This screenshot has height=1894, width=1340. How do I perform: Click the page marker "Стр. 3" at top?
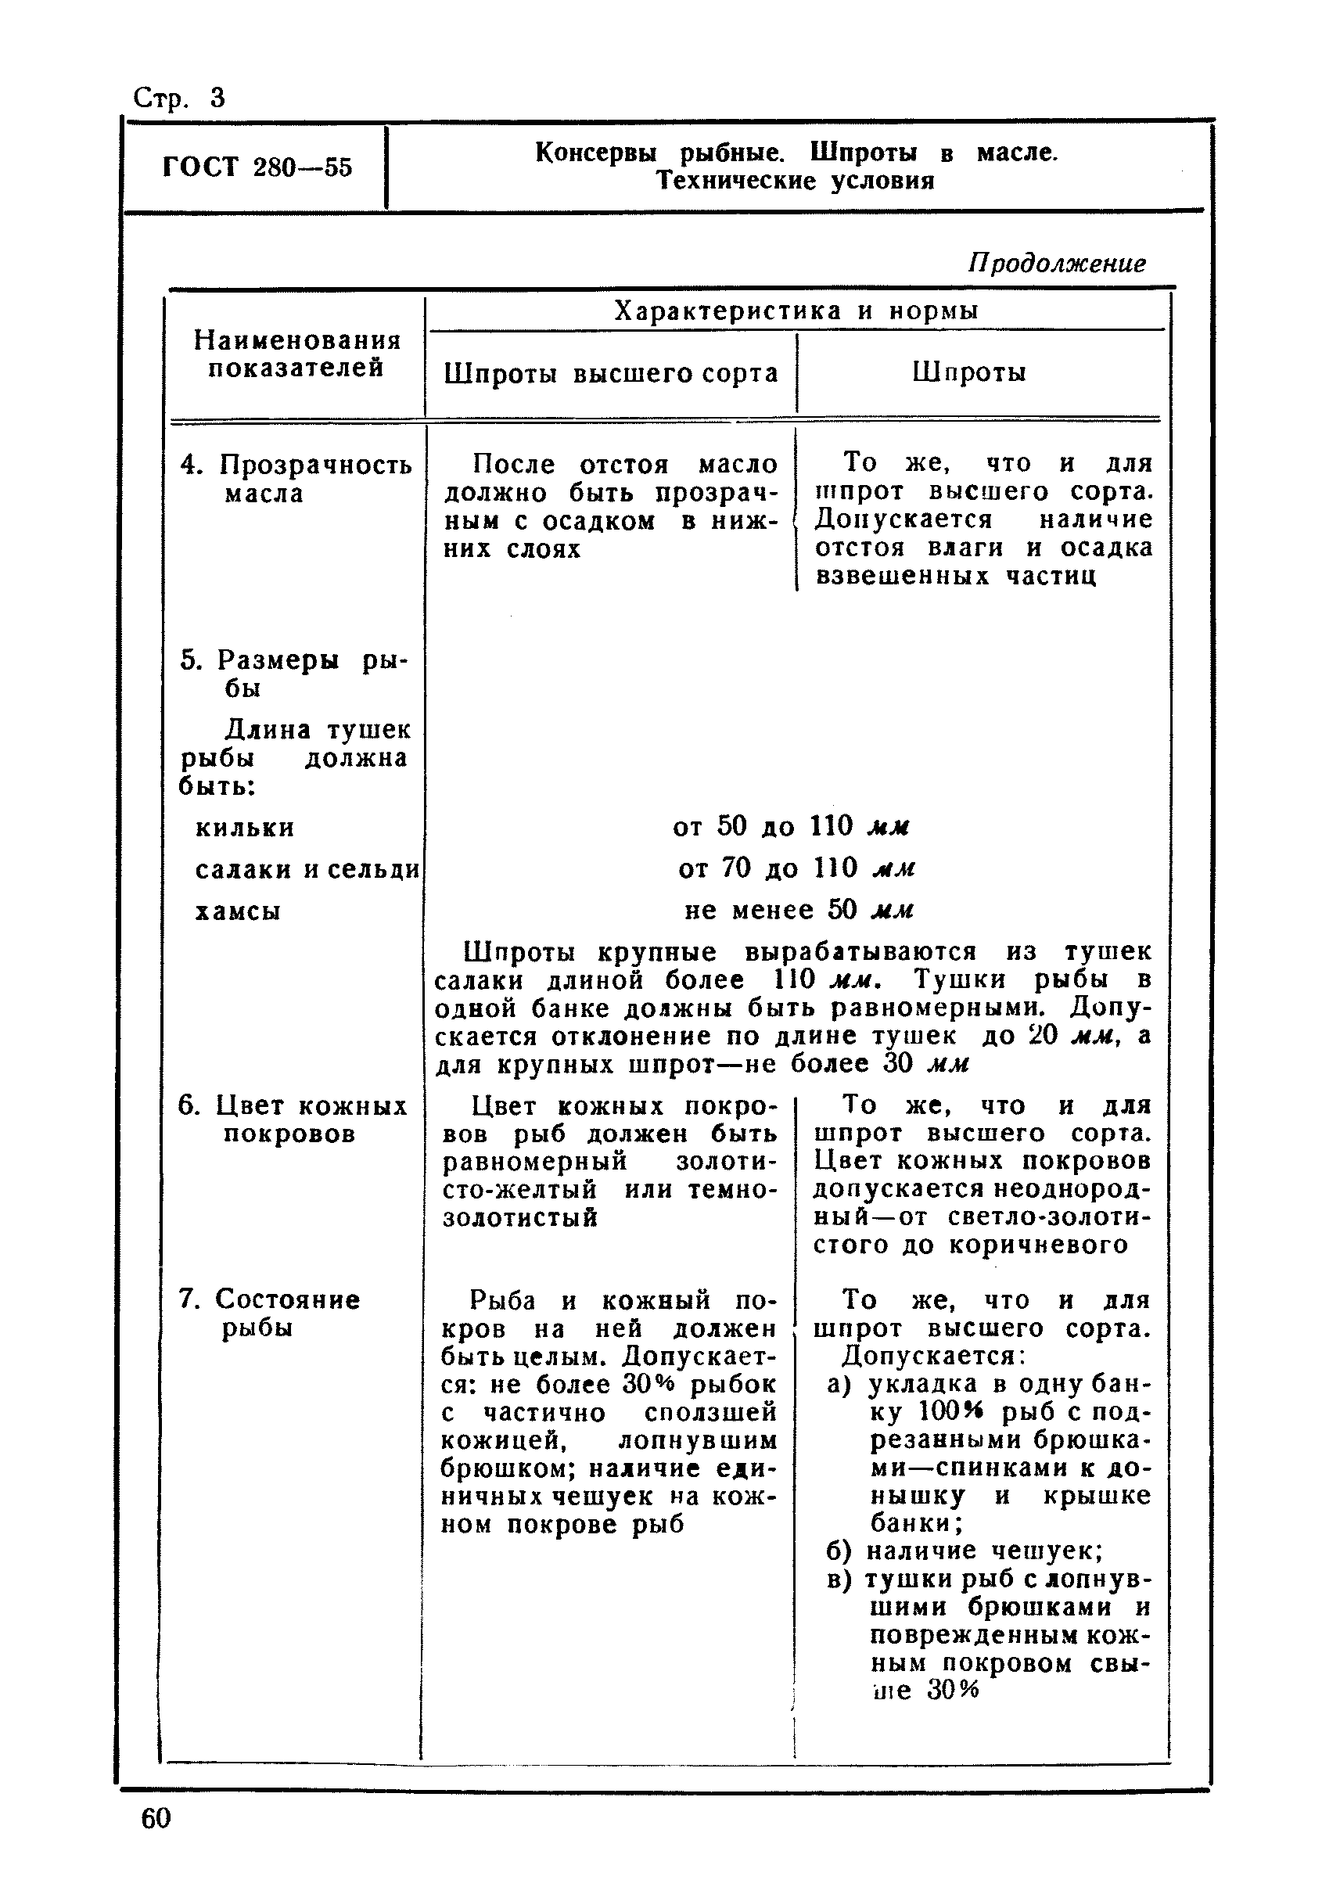[178, 99]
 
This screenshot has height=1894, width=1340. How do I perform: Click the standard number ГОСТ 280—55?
[257, 167]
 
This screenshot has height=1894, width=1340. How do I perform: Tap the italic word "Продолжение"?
[1056, 264]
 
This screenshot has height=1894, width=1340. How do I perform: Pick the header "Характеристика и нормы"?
[796, 311]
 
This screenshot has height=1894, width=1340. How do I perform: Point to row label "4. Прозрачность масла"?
[295, 479]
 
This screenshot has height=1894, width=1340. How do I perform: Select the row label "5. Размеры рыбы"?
[293, 674]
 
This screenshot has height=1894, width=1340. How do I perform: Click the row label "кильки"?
[244, 828]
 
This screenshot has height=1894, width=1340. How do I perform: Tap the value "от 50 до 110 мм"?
[791, 826]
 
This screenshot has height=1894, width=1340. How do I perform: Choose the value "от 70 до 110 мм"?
[796, 868]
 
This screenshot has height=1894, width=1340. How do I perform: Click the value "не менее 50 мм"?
[799, 911]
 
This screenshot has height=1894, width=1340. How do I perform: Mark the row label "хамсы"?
[238, 912]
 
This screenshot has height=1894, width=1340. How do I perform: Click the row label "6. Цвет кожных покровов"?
[292, 1120]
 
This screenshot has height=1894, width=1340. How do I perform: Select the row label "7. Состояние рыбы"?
[269, 1314]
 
